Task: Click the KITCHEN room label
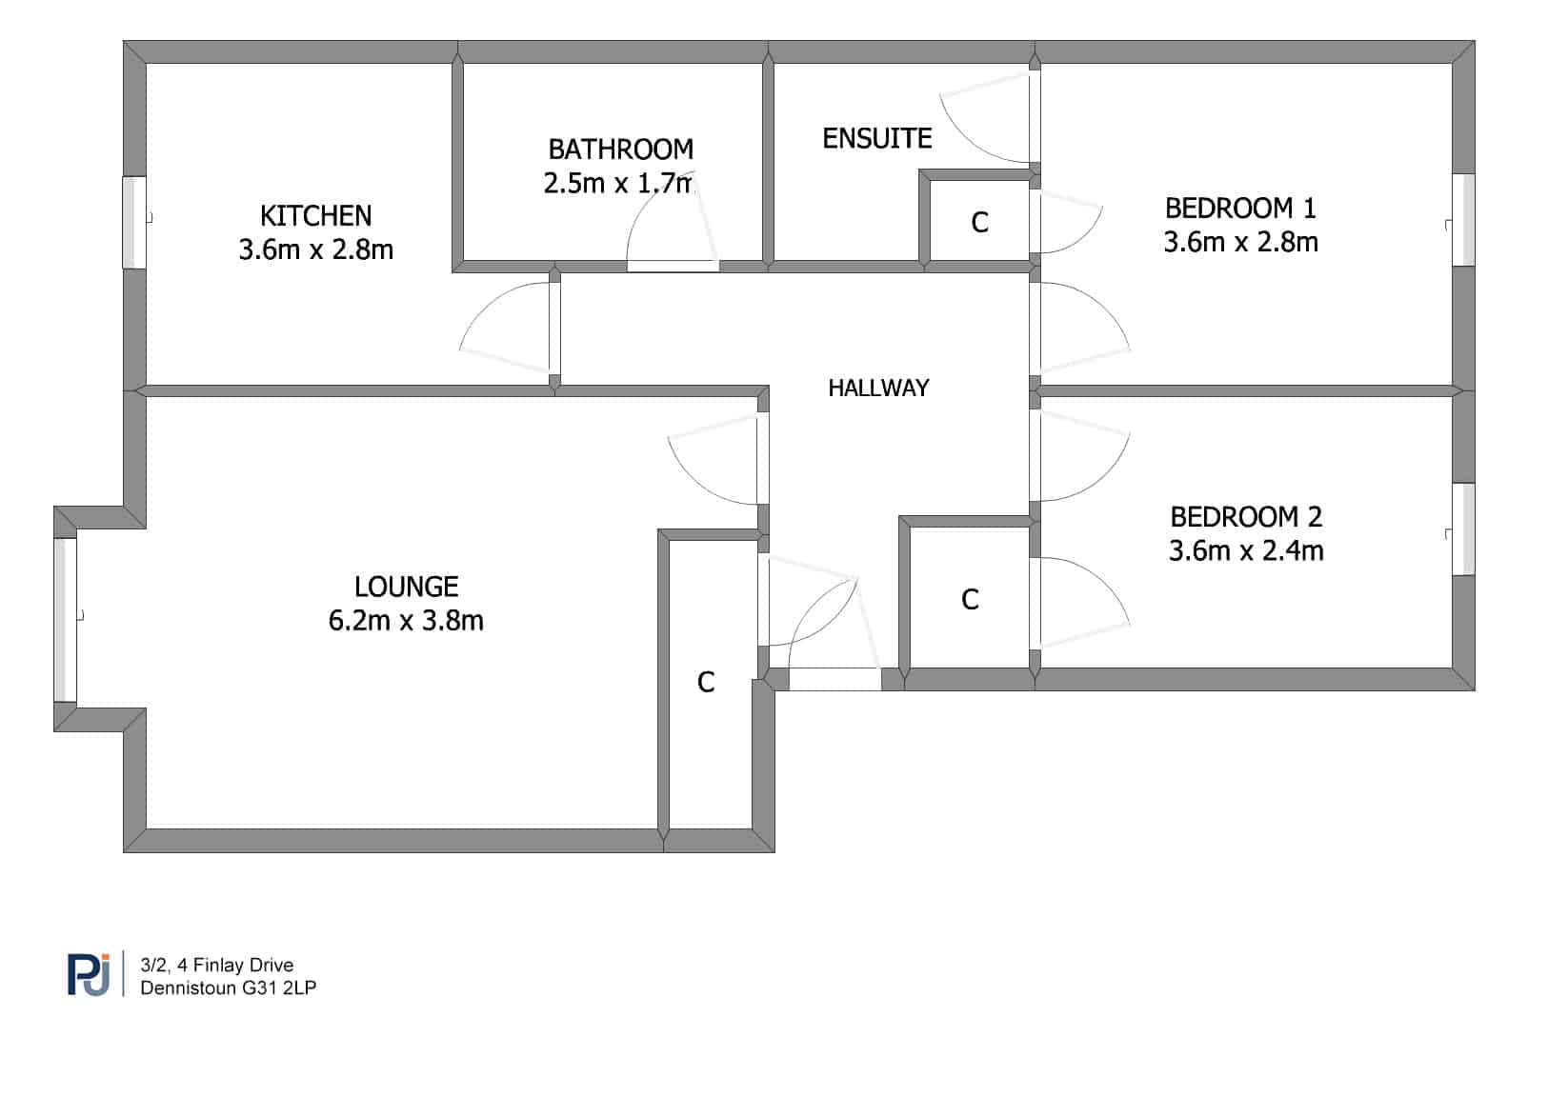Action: [316, 216]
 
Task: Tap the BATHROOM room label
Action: [620, 150]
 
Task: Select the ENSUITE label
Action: [877, 139]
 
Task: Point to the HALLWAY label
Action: [878, 389]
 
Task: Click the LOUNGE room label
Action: [407, 588]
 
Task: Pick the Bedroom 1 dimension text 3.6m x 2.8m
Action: [1241, 242]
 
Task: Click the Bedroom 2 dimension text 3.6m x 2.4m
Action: [1246, 550]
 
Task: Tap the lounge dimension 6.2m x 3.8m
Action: [406, 620]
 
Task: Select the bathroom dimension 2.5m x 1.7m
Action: [617, 183]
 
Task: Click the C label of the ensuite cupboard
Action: [980, 223]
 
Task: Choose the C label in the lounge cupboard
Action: [706, 683]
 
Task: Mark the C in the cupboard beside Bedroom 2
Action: [970, 600]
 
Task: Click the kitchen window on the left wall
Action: [134, 223]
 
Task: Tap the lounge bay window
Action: [65, 620]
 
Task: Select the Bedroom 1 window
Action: [1463, 220]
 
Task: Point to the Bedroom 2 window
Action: [1463, 529]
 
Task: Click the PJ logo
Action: [89, 974]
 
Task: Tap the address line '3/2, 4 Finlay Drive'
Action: [217, 965]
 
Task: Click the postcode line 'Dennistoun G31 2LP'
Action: [228, 987]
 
